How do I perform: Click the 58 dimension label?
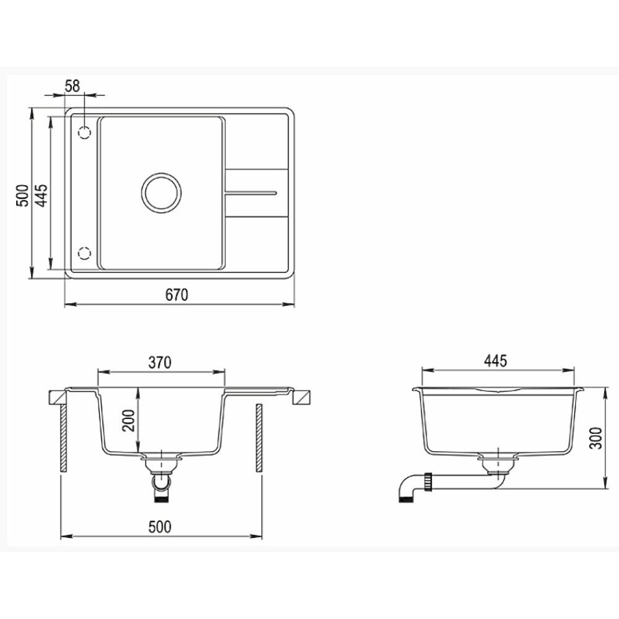pos(72,85)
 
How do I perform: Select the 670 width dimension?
pos(176,295)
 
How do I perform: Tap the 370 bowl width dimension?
pos(160,362)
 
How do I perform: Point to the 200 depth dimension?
pos(129,420)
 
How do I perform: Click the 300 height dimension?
pos(595,438)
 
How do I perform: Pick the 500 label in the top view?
pos(22,195)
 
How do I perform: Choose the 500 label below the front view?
pos(160,527)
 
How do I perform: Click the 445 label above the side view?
pos(495,361)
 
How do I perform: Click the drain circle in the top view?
pos(162,173)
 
